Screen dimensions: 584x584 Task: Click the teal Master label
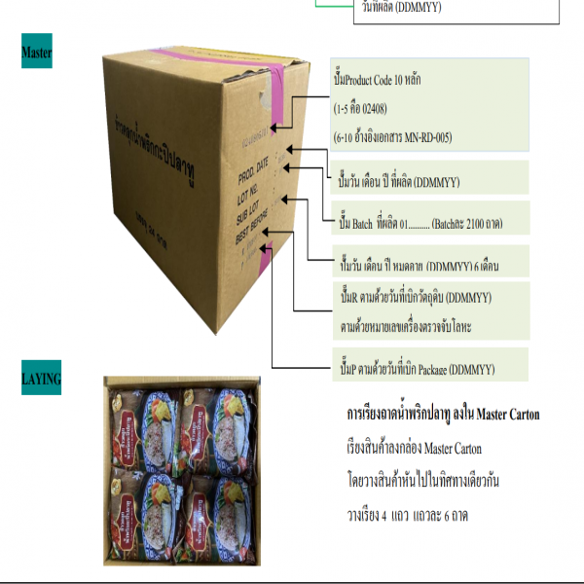click(36, 52)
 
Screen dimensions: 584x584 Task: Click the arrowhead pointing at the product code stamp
click(275, 126)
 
